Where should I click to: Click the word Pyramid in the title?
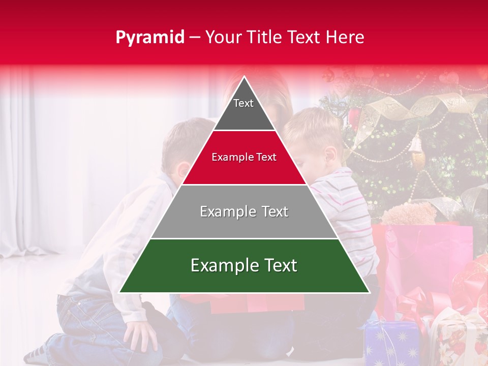[x=149, y=38]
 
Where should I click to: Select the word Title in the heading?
[x=266, y=38]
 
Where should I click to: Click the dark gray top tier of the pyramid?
[x=244, y=109]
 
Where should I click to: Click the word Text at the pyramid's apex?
[x=243, y=103]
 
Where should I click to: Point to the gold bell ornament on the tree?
[x=417, y=150]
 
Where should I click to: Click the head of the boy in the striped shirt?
[x=315, y=137]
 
